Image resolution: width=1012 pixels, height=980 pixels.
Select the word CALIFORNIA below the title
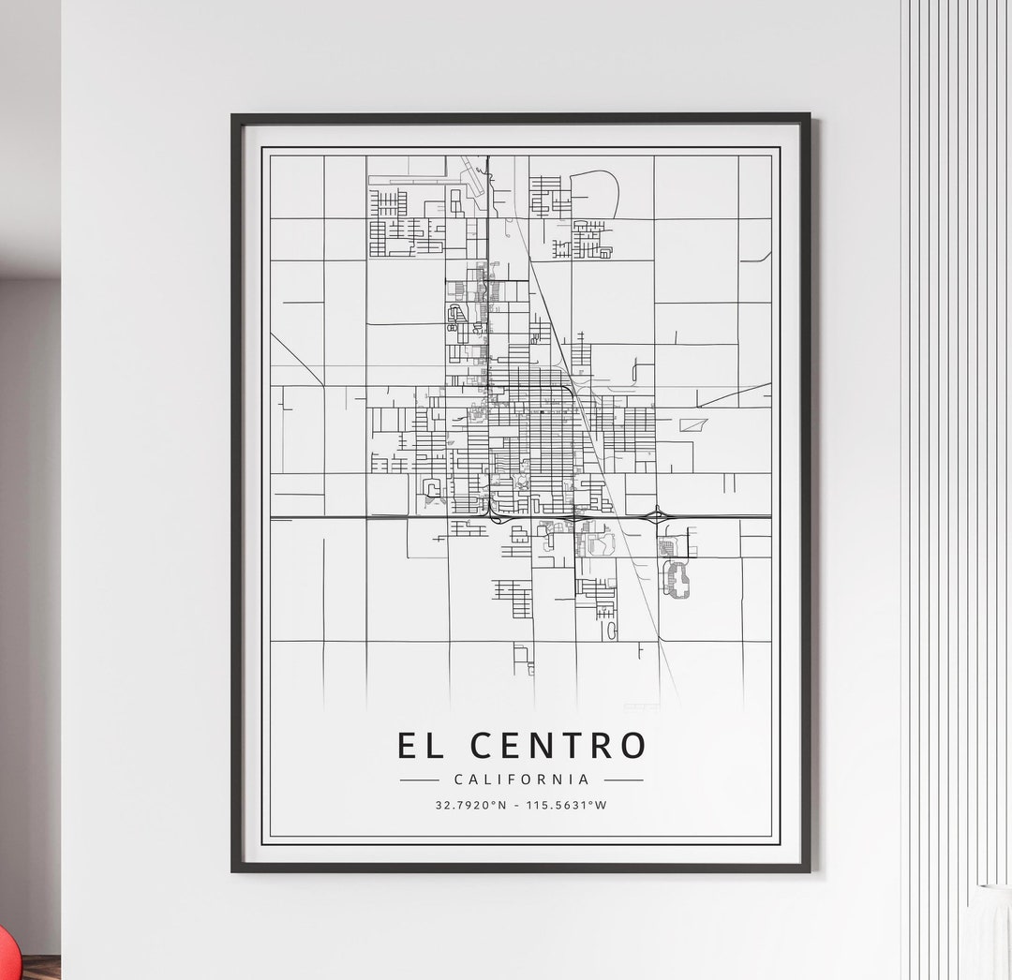[x=521, y=780]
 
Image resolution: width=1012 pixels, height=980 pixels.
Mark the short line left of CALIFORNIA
[x=419, y=780]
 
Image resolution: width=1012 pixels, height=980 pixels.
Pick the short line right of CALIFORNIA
[x=623, y=780]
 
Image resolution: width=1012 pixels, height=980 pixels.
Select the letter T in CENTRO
[x=570, y=746]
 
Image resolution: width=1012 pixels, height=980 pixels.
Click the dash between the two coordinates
[x=522, y=805]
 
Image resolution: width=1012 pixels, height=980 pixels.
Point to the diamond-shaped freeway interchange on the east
[x=659, y=515]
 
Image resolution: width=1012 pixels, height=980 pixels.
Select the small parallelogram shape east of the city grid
[x=693, y=424]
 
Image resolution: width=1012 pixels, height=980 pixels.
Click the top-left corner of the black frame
[x=234, y=117]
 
